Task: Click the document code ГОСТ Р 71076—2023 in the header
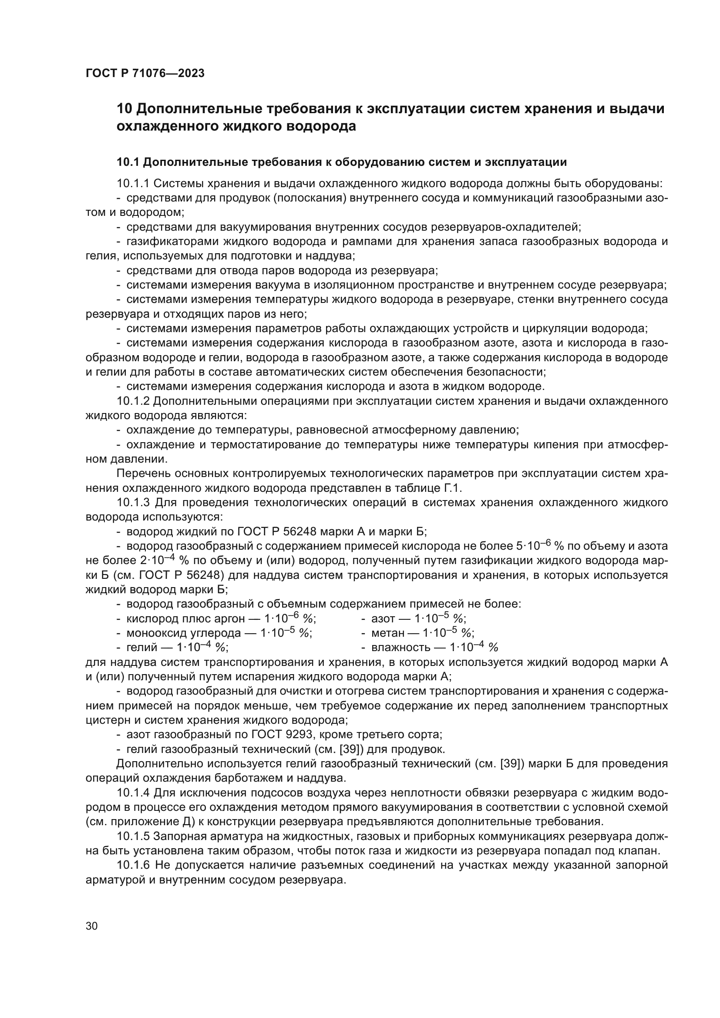(145, 74)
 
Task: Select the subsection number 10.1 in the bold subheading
(128, 162)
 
